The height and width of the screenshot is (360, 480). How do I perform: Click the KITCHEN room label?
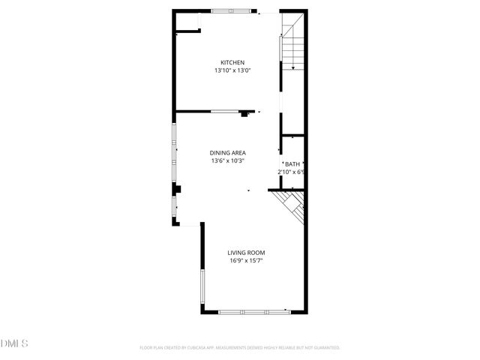pyautogui.click(x=232, y=62)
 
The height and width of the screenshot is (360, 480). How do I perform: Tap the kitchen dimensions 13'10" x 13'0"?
pyautogui.click(x=232, y=70)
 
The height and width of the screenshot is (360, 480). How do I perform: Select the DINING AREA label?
pyautogui.click(x=228, y=153)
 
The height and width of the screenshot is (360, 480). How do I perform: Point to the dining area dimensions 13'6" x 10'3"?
pyautogui.click(x=228, y=160)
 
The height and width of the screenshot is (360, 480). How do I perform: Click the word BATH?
pyautogui.click(x=292, y=163)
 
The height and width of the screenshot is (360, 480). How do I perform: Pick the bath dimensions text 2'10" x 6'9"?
pyautogui.click(x=291, y=172)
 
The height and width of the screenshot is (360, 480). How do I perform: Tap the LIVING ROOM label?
pyautogui.click(x=246, y=253)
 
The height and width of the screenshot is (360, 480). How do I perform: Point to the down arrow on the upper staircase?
pyautogui.click(x=293, y=67)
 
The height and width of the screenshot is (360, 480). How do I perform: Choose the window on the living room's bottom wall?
pyautogui.click(x=254, y=310)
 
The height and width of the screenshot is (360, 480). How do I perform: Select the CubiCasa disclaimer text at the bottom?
pyautogui.click(x=240, y=348)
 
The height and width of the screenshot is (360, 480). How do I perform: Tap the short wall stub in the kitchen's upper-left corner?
pyautogui.click(x=188, y=31)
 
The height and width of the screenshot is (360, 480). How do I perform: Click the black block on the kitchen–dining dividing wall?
pyautogui.click(x=245, y=114)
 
